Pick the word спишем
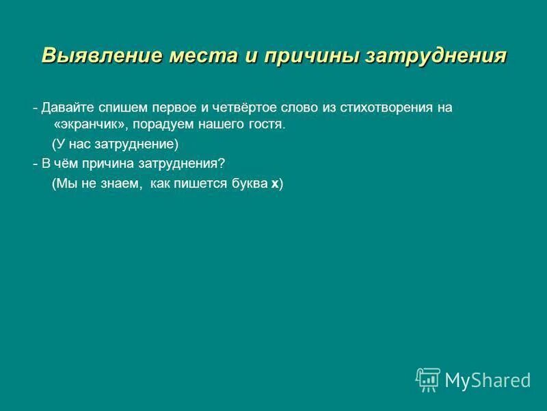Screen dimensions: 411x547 [x=119, y=108]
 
